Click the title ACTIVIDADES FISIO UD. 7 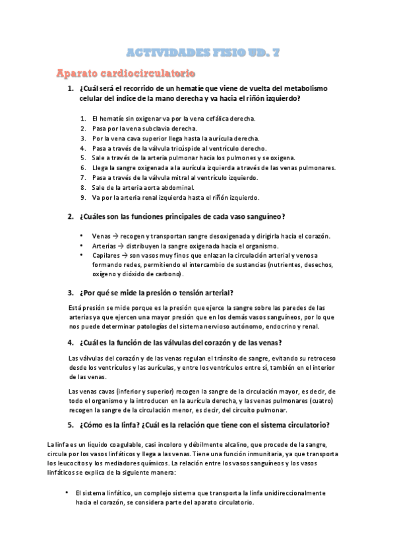point(197,51)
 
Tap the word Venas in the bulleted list point(100,236)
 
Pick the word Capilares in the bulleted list point(106,255)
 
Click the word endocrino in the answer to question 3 point(266,326)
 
